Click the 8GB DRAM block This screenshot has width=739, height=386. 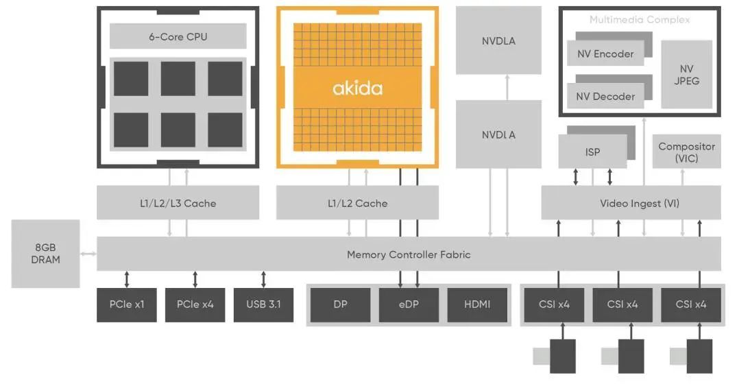[x=45, y=254]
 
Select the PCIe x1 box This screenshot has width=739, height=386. [x=127, y=304]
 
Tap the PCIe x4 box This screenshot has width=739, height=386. [x=195, y=304]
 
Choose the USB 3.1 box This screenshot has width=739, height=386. [x=263, y=304]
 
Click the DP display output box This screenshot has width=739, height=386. [x=340, y=304]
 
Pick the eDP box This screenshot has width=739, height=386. [x=409, y=304]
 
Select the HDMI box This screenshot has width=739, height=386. [x=477, y=304]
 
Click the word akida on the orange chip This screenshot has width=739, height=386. [x=357, y=88]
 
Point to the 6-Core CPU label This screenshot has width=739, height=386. [x=178, y=36]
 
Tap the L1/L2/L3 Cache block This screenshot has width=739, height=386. [x=178, y=203]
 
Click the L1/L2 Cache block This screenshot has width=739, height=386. [x=357, y=203]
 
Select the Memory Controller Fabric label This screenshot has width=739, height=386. [x=409, y=254]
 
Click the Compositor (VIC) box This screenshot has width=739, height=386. [x=686, y=152]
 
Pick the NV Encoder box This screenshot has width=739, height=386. [x=605, y=53]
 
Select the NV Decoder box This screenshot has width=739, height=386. [x=605, y=96]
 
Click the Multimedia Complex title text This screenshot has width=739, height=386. [x=639, y=20]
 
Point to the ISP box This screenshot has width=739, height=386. [x=592, y=152]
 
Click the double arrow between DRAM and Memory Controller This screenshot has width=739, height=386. [x=88, y=254]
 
